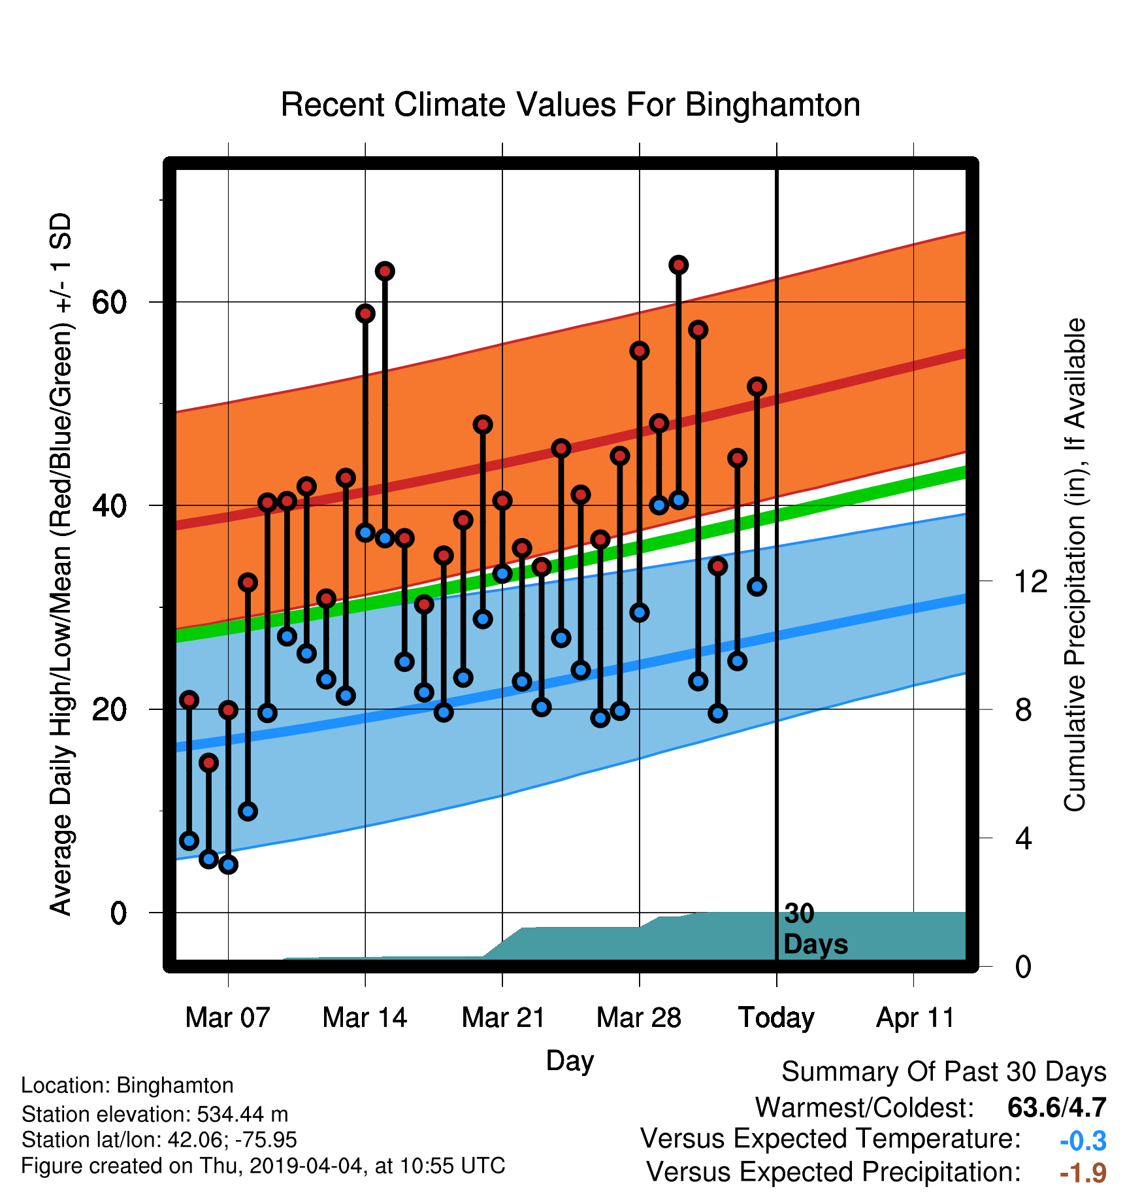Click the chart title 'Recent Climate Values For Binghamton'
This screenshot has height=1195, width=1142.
570,105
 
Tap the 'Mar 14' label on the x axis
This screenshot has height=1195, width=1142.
365,1018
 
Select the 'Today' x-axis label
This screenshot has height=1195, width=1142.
776,1018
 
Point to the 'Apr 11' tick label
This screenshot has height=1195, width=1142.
915,1018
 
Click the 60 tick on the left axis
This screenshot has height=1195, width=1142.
109,302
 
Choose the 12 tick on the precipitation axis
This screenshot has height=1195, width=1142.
1031,581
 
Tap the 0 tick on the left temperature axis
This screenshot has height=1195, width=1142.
118,913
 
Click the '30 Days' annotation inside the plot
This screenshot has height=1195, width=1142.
815,929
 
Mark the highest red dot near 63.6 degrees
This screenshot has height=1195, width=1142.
678,265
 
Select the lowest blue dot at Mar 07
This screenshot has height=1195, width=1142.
228,865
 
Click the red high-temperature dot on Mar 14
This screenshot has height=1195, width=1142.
365,313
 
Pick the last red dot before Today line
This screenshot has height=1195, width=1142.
757,386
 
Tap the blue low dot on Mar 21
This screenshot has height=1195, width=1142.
502,573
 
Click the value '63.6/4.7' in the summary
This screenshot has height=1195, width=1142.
1057,1107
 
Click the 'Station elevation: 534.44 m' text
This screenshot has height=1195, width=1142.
155,1113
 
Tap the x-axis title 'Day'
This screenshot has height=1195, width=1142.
570,1060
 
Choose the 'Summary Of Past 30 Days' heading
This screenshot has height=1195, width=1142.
944,1072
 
